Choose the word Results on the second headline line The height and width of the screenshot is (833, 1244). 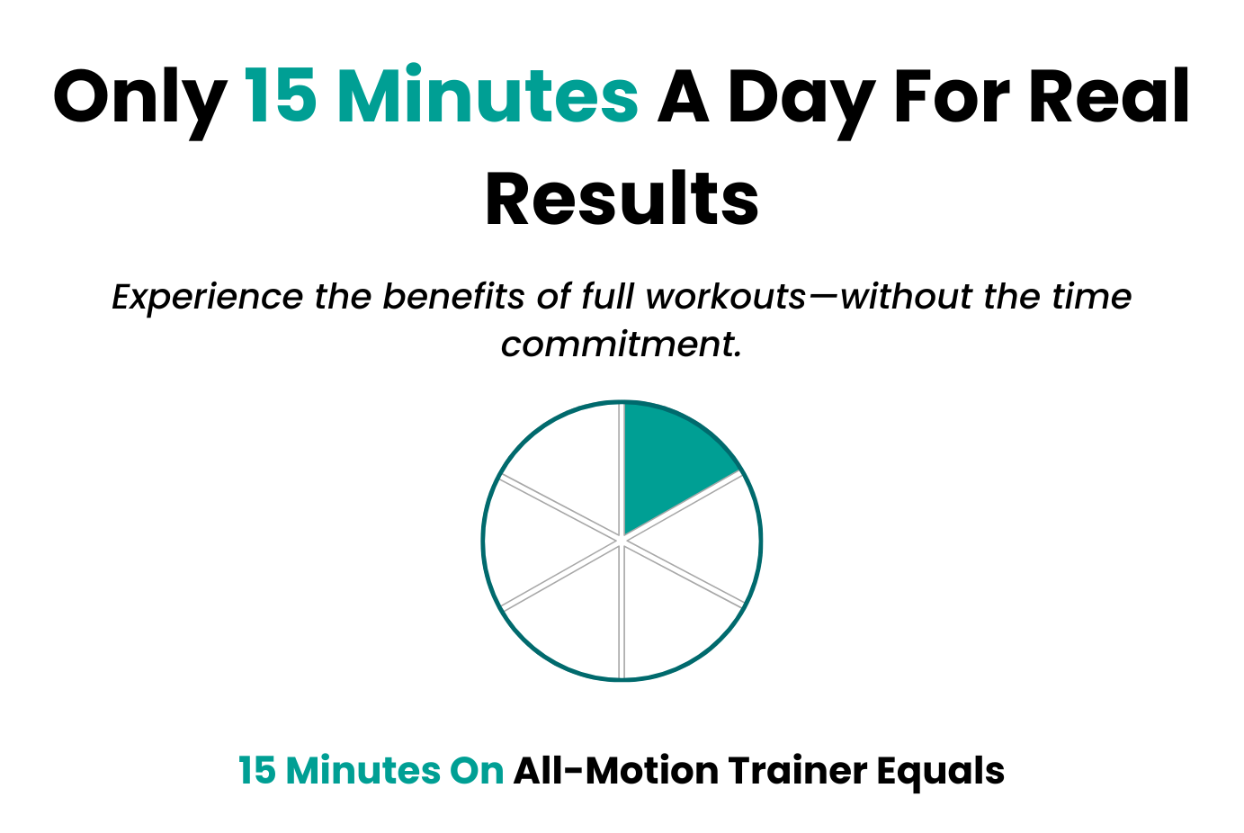pos(622,198)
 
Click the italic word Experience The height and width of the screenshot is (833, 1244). pos(207,299)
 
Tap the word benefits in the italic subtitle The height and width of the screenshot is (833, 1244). pos(453,296)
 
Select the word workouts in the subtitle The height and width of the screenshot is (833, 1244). pos(725,296)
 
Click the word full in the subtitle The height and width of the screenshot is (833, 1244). pos(607,296)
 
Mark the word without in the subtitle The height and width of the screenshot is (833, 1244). pos(907,296)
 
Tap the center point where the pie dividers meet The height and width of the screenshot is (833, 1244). pos(622,541)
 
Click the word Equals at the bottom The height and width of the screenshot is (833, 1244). pos(940,773)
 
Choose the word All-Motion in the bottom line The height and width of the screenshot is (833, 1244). pos(616,771)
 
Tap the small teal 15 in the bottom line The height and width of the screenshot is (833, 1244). pos(257,771)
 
